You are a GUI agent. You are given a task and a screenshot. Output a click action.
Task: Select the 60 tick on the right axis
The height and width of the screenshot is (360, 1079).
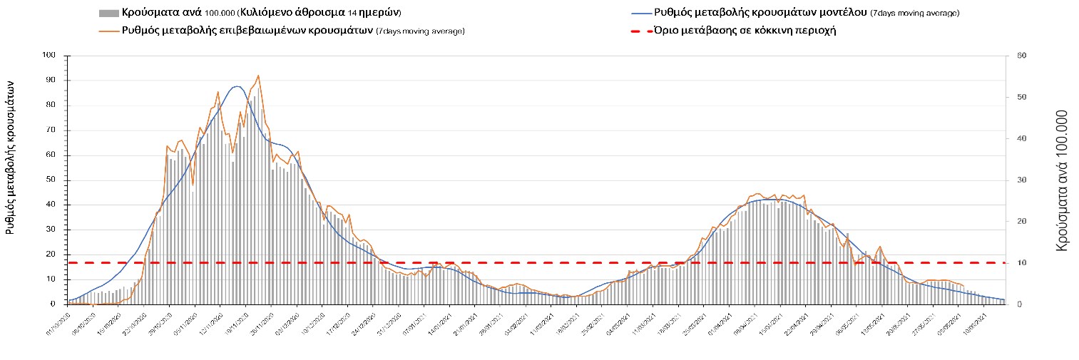click(x=1021, y=56)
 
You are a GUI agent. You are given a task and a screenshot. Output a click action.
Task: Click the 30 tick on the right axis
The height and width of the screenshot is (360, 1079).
click(x=1021, y=180)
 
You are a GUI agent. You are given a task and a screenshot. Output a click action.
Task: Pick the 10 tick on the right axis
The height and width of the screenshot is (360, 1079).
click(x=1021, y=263)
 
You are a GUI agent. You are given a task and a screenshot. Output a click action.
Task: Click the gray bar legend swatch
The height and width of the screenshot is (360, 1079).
click(x=108, y=14)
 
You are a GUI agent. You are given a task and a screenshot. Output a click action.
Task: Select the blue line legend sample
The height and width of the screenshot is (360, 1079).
click(x=642, y=14)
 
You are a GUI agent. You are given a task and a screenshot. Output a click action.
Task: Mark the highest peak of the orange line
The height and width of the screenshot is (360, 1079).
click(x=257, y=76)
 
